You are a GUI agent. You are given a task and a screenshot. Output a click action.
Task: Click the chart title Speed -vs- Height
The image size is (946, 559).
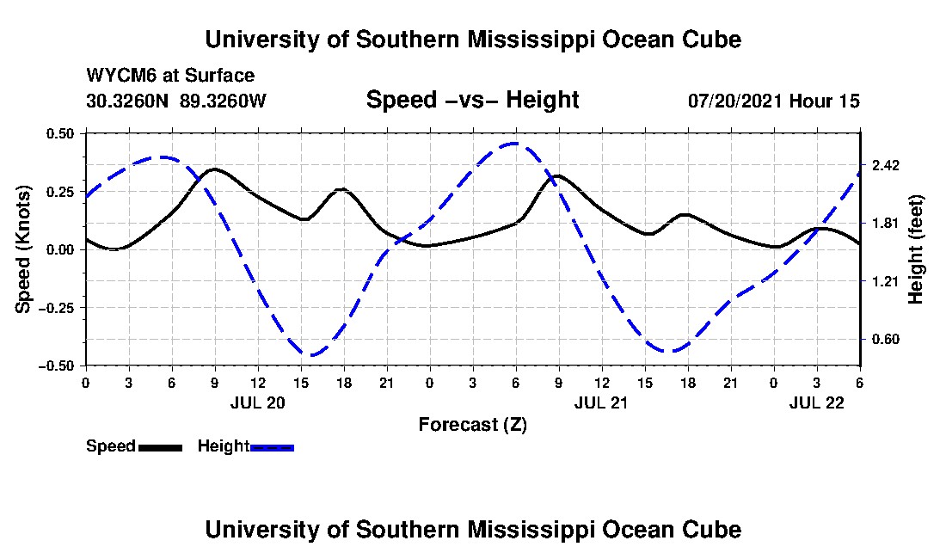472,100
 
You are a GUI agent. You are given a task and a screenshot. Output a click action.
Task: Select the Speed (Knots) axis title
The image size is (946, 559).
25,249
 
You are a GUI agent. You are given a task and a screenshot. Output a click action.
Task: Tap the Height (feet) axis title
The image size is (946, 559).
915,249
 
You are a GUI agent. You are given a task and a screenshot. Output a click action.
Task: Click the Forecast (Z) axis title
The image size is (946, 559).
472,424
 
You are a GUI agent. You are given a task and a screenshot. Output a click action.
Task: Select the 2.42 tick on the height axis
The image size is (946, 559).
887,165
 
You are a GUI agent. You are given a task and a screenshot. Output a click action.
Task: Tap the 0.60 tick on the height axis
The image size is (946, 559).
887,339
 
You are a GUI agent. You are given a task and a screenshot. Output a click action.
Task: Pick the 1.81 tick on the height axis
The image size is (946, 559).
887,224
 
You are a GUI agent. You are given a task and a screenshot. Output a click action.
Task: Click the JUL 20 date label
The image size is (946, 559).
257,402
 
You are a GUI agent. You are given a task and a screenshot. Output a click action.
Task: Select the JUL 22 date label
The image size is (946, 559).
817,402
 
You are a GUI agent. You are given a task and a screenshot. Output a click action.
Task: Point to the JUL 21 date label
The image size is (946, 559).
601,402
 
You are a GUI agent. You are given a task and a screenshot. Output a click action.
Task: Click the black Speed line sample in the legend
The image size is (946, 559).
160,447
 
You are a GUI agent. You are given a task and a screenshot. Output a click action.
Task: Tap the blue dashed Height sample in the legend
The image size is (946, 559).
272,447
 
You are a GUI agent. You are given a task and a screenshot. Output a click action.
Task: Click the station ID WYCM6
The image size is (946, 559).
117,76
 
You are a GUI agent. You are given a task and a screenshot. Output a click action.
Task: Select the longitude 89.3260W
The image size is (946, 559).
224,101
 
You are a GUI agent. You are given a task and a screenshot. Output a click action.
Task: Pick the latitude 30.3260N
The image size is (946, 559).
129,101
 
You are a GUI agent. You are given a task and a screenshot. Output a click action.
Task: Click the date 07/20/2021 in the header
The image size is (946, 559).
734,101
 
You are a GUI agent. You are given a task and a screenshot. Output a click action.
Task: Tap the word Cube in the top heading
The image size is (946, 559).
709,40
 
